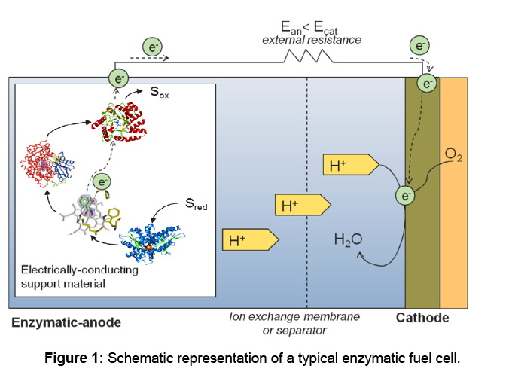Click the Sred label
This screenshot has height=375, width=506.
[x=197, y=204]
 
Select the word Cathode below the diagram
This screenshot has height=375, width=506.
[x=422, y=319]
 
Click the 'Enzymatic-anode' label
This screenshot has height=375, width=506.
[x=66, y=322]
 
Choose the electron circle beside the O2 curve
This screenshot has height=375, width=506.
[x=406, y=197]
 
